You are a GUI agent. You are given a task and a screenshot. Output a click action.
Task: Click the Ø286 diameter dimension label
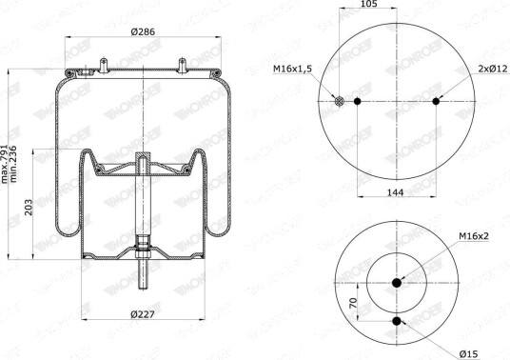tap(143, 31)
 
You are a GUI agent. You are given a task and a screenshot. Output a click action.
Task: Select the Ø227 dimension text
tap(143, 314)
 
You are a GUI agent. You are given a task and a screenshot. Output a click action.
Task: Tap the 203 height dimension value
tap(29, 207)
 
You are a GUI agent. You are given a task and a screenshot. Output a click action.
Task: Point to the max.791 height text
tap(6, 164)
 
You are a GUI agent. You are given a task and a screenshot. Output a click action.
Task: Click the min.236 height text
tap(13, 164)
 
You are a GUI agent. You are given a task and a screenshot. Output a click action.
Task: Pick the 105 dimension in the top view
tap(368, 4)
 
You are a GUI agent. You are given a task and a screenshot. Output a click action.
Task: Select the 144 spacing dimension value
tap(395, 192)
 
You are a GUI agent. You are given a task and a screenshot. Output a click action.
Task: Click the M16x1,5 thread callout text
tap(292, 69)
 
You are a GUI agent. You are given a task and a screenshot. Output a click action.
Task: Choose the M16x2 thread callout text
tap(474, 236)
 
